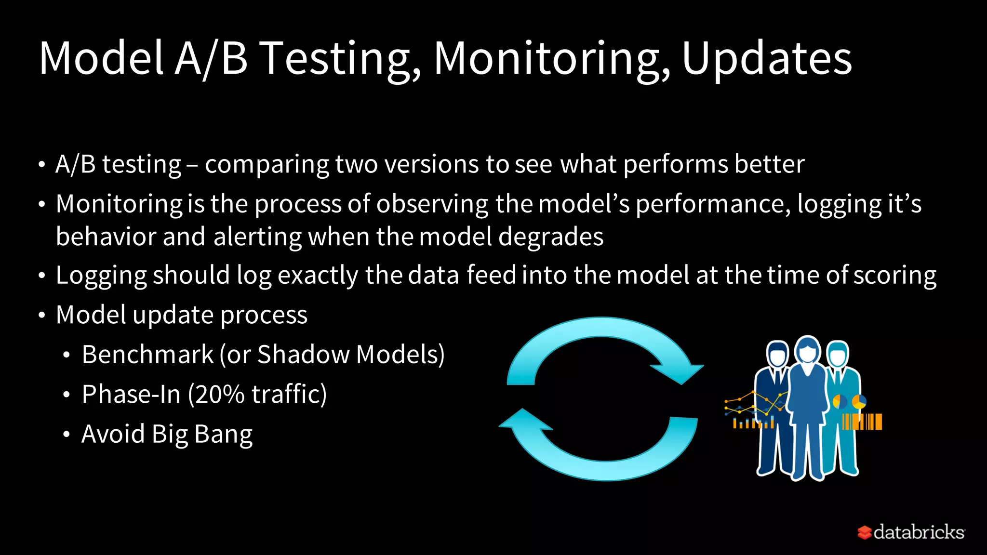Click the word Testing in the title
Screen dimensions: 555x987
click(340, 58)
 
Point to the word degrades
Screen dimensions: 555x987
click(550, 237)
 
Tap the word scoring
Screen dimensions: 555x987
click(894, 276)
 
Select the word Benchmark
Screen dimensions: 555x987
click(147, 355)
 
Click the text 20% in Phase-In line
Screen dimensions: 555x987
click(220, 394)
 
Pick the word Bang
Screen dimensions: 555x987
click(223, 434)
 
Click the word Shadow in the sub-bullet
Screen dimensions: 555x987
click(304, 355)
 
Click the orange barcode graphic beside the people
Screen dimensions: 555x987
click(862, 422)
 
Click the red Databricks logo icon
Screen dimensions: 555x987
click(865, 532)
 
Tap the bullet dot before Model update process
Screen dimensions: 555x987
click(42, 316)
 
